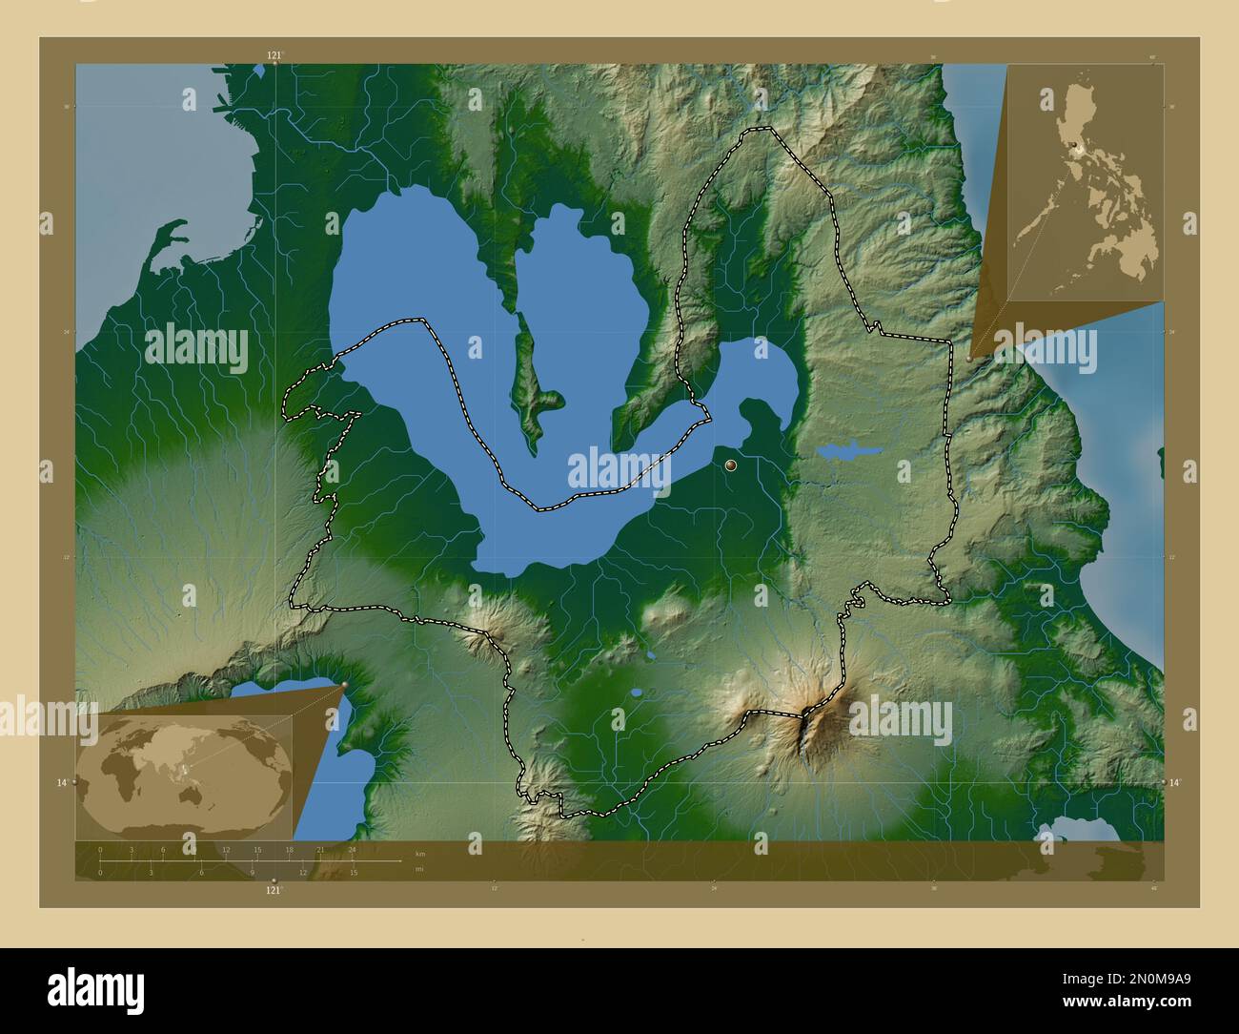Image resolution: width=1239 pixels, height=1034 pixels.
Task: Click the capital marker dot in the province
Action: pos(731,465)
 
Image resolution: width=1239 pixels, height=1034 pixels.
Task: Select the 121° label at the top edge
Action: pos(274,55)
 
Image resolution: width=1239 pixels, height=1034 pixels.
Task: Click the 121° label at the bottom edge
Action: pos(274,890)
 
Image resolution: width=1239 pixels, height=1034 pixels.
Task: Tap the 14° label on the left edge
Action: pos(62,782)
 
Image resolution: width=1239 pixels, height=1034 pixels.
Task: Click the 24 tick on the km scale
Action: pos(353,849)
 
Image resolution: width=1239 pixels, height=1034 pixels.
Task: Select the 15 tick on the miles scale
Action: pos(353,872)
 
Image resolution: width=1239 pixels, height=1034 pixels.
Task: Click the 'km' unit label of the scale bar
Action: pos(420,854)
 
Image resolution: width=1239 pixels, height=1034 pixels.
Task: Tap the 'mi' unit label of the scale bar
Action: pos(419,869)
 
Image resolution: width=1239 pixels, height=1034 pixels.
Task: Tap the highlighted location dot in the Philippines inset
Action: pos(1075,146)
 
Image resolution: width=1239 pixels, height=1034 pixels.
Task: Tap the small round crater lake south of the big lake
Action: pos(636,693)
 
